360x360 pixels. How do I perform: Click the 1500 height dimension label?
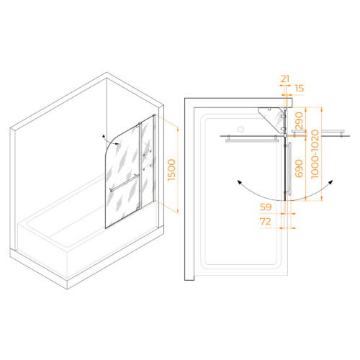[171, 170]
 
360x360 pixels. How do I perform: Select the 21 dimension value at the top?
[285, 78]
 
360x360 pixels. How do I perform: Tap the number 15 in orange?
[299, 89]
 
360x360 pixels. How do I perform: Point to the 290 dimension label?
[299, 121]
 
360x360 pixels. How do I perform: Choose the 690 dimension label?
[299, 168]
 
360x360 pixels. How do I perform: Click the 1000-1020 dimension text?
[315, 154]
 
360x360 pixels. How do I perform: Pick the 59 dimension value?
[266, 207]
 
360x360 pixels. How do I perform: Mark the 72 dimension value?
[266, 222]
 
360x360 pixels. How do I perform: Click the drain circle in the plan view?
[240, 130]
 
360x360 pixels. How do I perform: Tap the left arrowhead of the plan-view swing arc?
[239, 182]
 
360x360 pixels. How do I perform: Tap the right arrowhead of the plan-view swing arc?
[331, 181]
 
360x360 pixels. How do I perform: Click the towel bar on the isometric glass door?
[125, 183]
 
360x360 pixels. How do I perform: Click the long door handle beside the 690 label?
[289, 169]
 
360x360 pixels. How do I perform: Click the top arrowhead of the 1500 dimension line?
[178, 130]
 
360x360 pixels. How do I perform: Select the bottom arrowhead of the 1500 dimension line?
[178, 211]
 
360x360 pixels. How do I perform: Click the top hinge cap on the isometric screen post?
[140, 123]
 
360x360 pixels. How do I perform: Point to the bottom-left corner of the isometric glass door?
[105, 228]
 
